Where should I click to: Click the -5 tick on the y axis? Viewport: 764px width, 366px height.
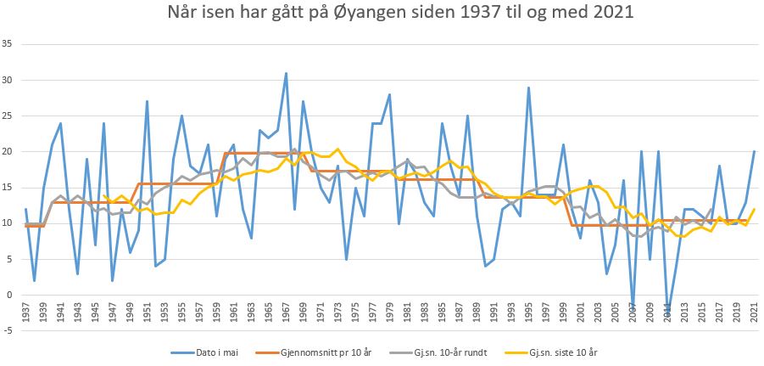click(8, 331)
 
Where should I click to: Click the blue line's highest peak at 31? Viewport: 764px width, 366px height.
click(286, 72)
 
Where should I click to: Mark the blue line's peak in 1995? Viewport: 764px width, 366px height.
click(528, 87)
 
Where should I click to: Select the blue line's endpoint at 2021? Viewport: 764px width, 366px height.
click(754, 151)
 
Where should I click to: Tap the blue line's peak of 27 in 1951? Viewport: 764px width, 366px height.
click(147, 101)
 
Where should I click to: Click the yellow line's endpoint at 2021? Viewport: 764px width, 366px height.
click(754, 209)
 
